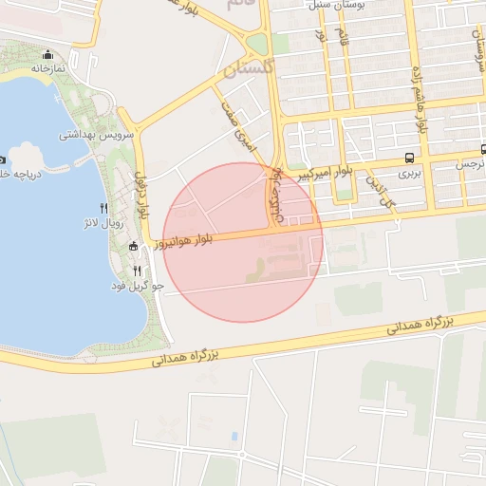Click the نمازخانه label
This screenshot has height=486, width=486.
tap(47, 69)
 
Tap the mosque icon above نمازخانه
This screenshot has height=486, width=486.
tap(47, 55)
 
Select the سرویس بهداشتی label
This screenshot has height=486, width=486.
tap(97, 135)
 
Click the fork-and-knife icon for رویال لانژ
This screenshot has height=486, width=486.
tap(103, 208)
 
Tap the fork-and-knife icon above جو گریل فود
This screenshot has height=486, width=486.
tap(138, 271)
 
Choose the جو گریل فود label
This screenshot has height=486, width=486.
tap(139, 286)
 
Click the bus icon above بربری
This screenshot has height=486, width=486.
tap(408, 158)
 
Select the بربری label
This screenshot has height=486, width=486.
tap(408, 173)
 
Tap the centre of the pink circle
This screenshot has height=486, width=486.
tap(243, 242)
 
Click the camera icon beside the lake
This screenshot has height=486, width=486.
tap(3, 159)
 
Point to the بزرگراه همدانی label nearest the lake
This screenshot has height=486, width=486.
tap(187, 358)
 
